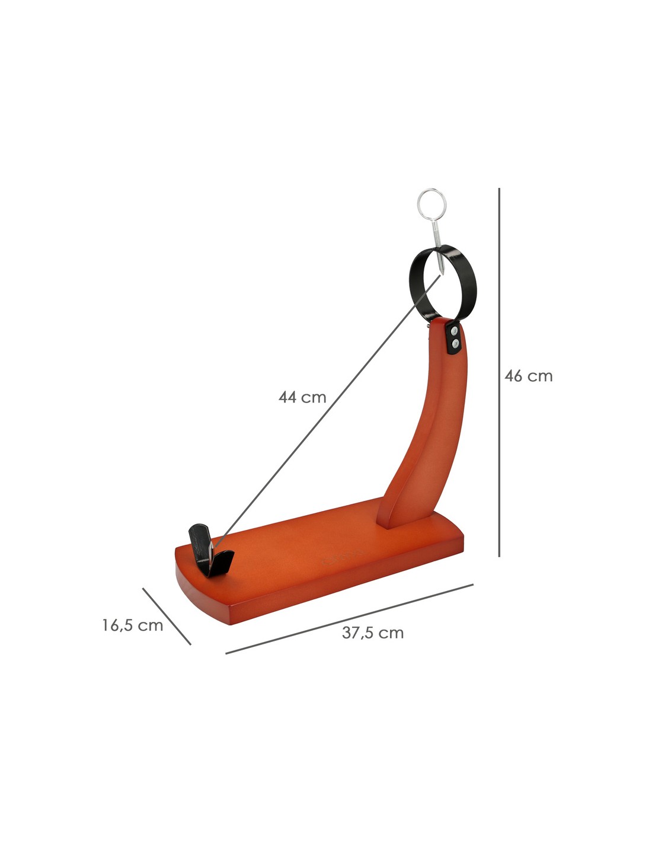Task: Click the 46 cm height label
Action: tap(528, 376)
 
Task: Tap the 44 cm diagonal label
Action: tap(302, 397)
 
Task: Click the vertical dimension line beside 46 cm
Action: tap(499, 372)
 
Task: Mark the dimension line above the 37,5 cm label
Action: tap(349, 619)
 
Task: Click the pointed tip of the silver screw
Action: tap(442, 275)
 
